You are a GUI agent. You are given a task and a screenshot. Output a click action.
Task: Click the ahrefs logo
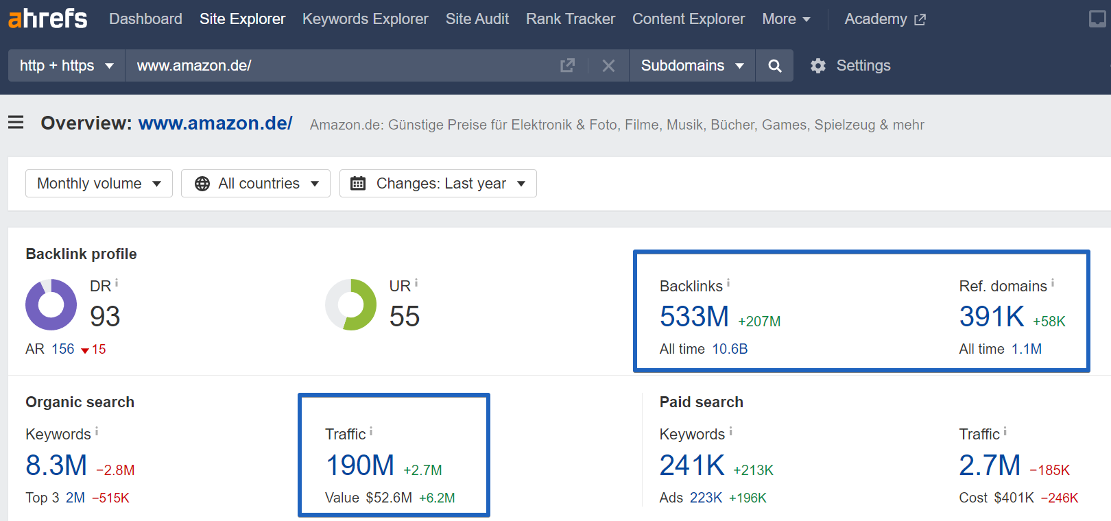coord(47,19)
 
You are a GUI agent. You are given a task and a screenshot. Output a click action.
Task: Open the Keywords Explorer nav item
coord(365,19)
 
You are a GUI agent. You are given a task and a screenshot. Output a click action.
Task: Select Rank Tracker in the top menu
coord(570,19)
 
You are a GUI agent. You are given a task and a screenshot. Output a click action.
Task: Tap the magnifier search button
coord(774,66)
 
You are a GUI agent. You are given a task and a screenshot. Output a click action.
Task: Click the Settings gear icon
coord(818,66)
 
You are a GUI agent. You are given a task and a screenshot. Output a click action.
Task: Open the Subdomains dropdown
coord(691,66)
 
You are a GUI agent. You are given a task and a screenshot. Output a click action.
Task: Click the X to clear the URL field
coord(608,66)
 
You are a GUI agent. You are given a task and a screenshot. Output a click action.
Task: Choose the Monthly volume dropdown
coord(99,184)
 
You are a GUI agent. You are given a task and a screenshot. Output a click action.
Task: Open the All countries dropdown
coord(256,184)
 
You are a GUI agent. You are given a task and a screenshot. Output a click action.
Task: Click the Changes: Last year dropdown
coord(438,184)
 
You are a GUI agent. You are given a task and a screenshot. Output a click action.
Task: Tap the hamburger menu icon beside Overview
coord(16,123)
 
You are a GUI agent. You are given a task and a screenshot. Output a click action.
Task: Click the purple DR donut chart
coord(51,304)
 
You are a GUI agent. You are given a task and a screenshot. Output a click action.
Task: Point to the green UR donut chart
coord(350,304)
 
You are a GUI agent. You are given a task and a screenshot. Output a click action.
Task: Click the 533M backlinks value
coord(694,317)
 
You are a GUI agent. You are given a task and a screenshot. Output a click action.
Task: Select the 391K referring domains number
coord(991,317)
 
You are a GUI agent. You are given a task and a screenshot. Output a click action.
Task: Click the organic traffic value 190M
coord(359,465)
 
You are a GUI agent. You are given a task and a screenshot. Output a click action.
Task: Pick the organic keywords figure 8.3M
coord(56,465)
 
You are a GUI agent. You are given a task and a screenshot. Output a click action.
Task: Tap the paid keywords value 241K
coord(691,465)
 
